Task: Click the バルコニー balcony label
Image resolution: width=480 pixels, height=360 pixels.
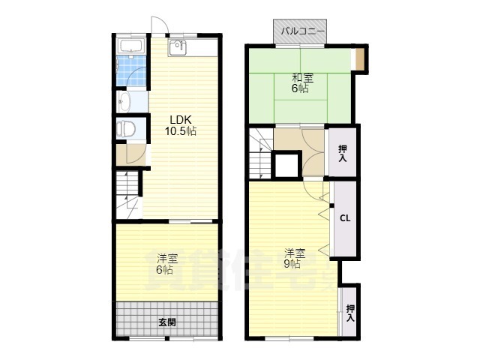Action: (x=302, y=31)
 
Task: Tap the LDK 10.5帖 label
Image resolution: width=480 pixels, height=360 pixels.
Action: (x=181, y=125)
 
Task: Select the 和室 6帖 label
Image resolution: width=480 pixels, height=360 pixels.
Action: (x=301, y=83)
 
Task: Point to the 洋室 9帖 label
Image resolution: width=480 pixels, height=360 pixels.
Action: (x=295, y=259)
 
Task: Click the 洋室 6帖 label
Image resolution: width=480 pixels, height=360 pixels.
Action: (x=166, y=265)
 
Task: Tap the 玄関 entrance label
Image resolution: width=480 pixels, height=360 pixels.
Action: (x=167, y=322)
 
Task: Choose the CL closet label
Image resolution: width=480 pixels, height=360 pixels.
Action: (x=345, y=218)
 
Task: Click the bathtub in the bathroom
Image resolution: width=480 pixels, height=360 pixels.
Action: (x=132, y=46)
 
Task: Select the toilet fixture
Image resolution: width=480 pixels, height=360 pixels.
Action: (x=126, y=129)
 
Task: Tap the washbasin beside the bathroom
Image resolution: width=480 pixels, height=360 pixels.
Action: (x=124, y=101)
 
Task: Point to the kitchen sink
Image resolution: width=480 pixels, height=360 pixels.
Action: (x=177, y=48)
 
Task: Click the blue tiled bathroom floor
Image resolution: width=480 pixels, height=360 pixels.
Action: (x=131, y=71)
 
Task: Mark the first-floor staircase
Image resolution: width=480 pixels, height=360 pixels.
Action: (x=128, y=195)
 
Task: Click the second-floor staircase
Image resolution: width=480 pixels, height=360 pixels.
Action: (x=260, y=153)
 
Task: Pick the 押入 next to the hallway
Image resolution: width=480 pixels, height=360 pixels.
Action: (x=342, y=153)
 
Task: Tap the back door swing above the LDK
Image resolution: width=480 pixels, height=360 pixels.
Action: (x=159, y=25)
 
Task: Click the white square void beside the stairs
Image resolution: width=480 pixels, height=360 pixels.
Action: (x=286, y=166)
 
